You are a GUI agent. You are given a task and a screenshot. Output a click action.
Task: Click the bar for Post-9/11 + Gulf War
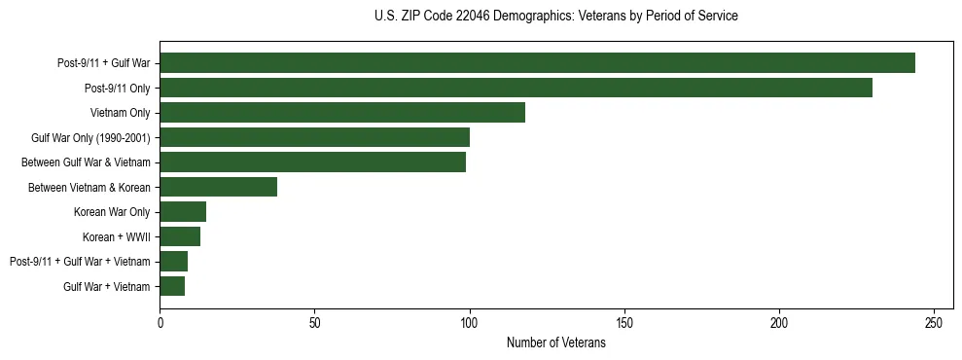pyautogui.click(x=537, y=63)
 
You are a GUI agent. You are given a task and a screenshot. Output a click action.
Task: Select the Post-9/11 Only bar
pyautogui.click(x=516, y=88)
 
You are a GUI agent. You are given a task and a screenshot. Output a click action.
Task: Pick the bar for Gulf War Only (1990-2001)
pyautogui.click(x=314, y=137)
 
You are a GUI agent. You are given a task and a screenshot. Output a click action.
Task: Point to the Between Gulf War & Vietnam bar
pyautogui.click(x=312, y=162)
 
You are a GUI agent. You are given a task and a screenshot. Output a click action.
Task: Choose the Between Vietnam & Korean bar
pyautogui.click(x=218, y=187)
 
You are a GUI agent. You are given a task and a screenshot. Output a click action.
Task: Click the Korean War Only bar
pyautogui.click(x=183, y=211)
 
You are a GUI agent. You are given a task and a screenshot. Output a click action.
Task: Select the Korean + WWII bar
pyautogui.click(x=180, y=236)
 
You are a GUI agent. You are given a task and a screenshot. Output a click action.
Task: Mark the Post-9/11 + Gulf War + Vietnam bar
pyautogui.click(x=173, y=261)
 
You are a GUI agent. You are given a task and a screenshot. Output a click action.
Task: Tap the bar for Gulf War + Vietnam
pyautogui.click(x=172, y=286)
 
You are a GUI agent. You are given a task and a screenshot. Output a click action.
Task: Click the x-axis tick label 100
pyautogui.click(x=470, y=322)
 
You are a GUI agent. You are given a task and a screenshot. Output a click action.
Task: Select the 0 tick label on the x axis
pyautogui.click(x=160, y=322)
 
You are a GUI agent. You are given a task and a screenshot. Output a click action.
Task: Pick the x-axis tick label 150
pyautogui.click(x=624, y=322)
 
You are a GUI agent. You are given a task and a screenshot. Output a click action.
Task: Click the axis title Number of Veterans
pyautogui.click(x=555, y=342)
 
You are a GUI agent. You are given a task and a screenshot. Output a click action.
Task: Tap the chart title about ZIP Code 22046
pyautogui.click(x=555, y=16)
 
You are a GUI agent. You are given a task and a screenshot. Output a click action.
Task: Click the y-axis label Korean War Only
pyautogui.click(x=112, y=212)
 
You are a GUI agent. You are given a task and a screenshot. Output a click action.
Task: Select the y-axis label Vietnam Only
pyautogui.click(x=120, y=113)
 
